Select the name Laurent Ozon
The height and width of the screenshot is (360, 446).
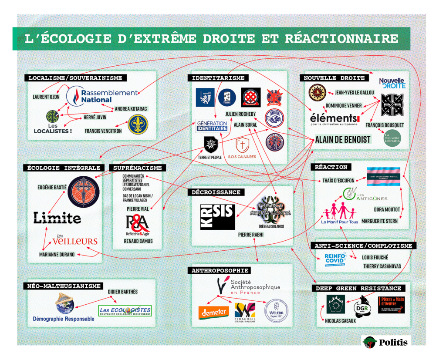coord(46,97)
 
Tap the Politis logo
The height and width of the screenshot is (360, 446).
coord(386,342)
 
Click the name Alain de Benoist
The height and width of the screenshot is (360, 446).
coord(343,140)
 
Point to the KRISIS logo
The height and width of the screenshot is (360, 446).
coord(217,217)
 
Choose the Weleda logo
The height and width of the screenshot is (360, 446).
coord(276,310)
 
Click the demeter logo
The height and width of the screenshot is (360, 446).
coord(213,312)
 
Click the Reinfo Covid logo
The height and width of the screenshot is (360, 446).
coord(335,260)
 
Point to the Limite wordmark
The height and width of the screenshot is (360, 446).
coord(57,218)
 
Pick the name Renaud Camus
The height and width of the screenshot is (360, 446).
coord(138,241)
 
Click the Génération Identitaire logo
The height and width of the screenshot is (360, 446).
coord(211,126)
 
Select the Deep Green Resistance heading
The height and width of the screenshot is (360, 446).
coord(358,288)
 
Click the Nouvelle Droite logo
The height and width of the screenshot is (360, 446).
coord(392,83)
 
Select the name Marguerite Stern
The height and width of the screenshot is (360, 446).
coord(379,221)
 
